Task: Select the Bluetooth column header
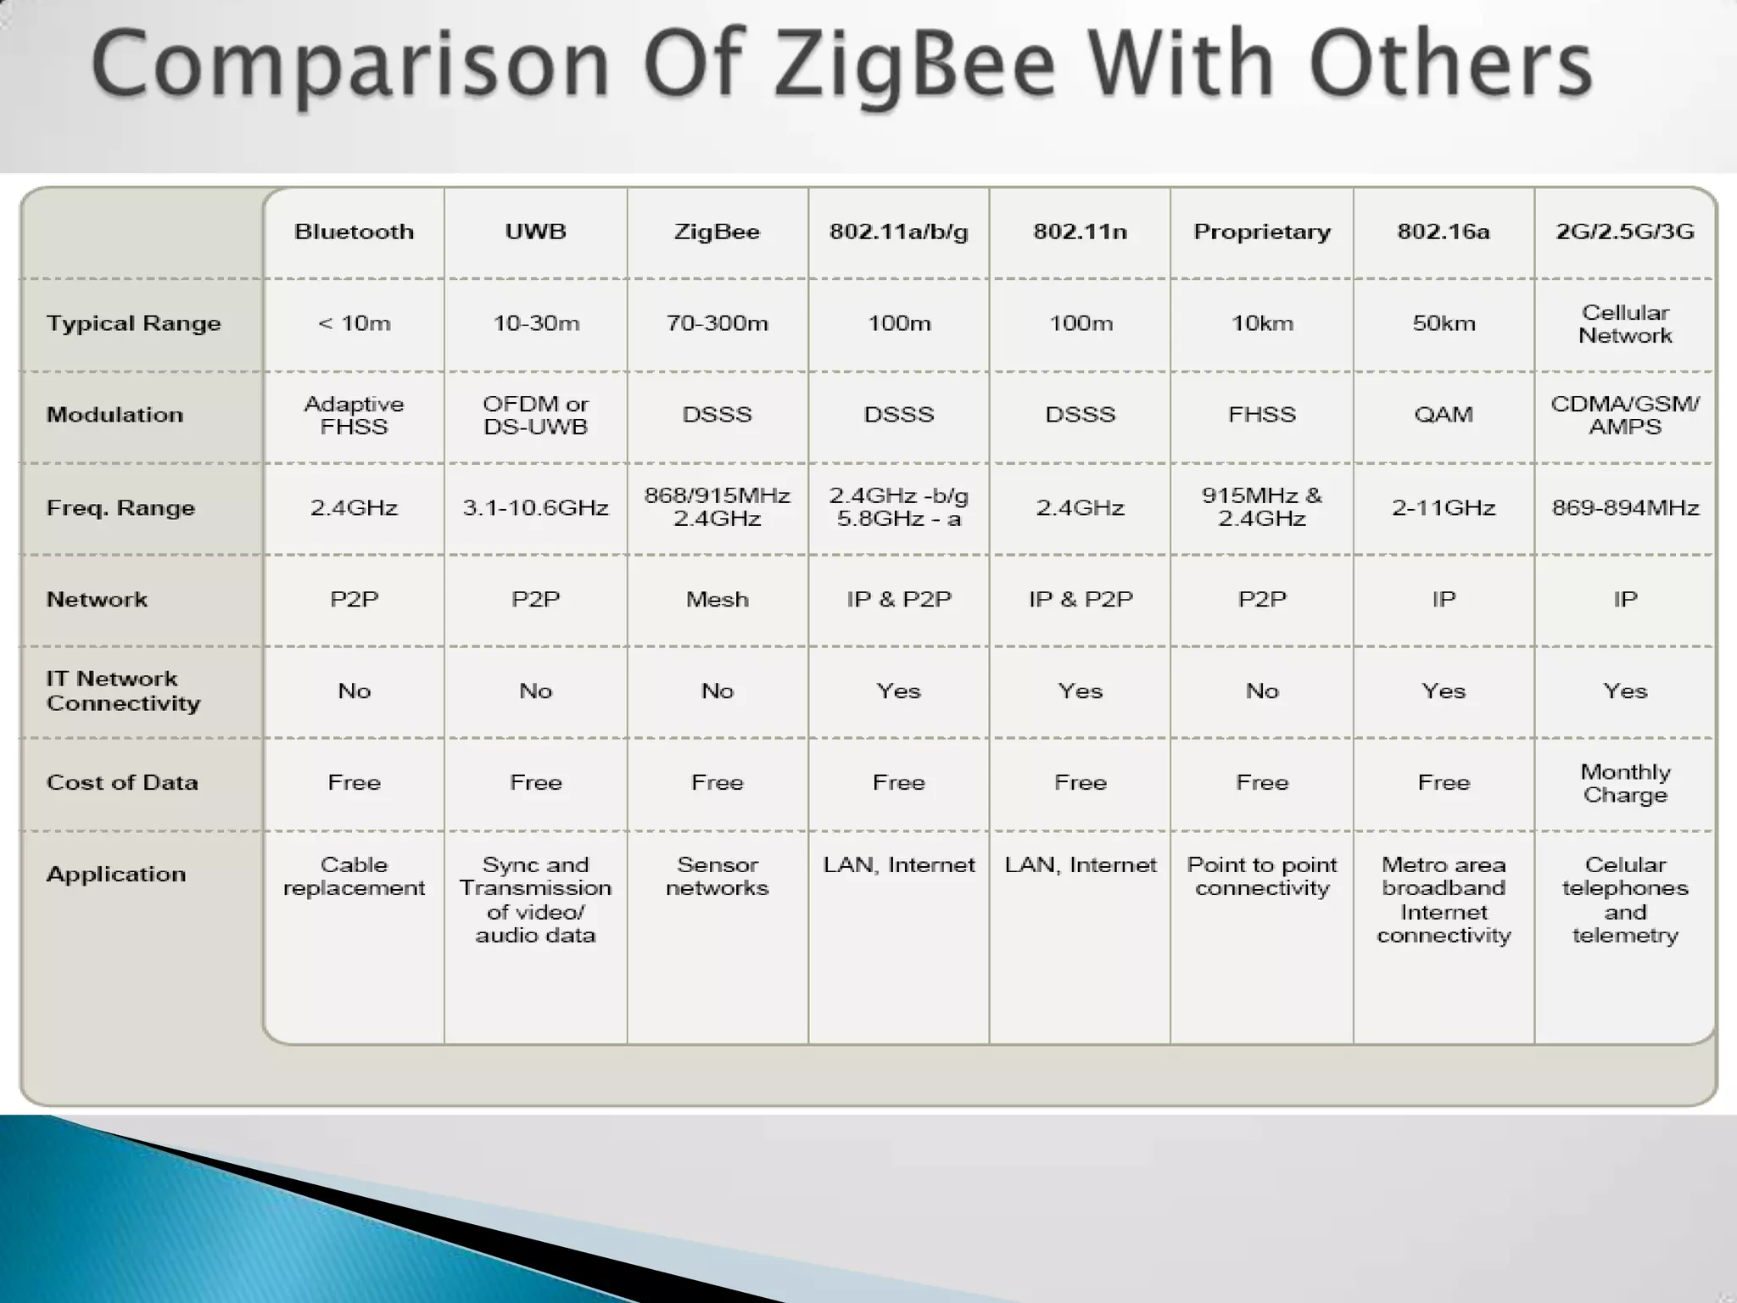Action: pyautogui.click(x=354, y=232)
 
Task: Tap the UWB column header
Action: pyautogui.click(x=535, y=232)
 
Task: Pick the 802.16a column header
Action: pyautogui.click(x=1443, y=232)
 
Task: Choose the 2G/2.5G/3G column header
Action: pyautogui.click(x=1624, y=232)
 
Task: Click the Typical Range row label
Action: pyautogui.click(x=133, y=323)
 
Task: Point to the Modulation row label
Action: pyautogui.click(x=114, y=415)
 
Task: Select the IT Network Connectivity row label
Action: pyautogui.click(x=123, y=691)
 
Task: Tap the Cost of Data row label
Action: pyautogui.click(x=122, y=782)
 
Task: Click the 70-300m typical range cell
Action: pyautogui.click(x=717, y=323)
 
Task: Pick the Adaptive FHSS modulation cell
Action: pyautogui.click(x=354, y=415)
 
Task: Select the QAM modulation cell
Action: pyautogui.click(x=1443, y=415)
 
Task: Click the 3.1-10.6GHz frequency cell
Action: pyautogui.click(x=535, y=507)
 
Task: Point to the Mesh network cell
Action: pyautogui.click(x=717, y=599)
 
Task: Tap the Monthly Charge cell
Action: pyautogui.click(x=1624, y=783)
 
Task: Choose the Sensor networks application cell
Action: pyautogui.click(x=717, y=876)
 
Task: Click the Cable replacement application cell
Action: pyautogui.click(x=354, y=876)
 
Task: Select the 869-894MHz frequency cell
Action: pyautogui.click(x=1624, y=507)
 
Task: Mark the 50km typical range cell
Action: pyautogui.click(x=1443, y=323)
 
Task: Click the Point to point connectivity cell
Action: pyautogui.click(x=1261, y=876)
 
